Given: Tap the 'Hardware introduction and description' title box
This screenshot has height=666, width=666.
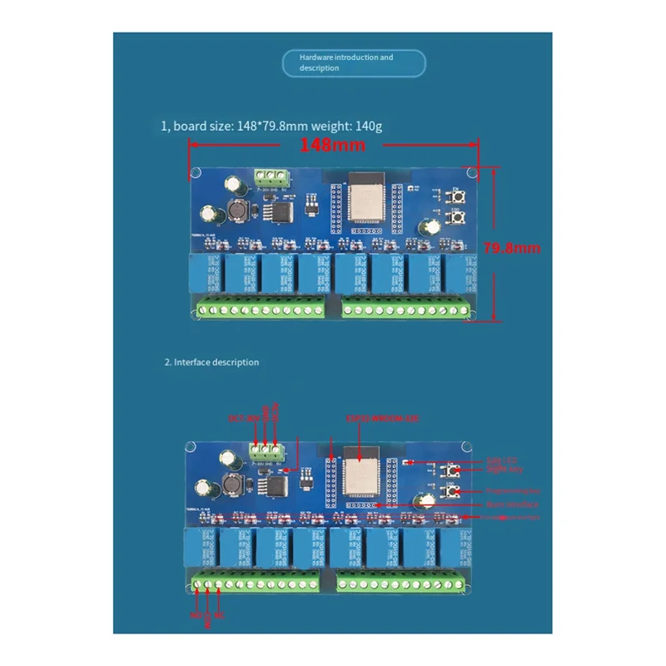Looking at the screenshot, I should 354,63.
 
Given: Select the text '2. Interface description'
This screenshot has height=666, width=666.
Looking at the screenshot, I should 211,362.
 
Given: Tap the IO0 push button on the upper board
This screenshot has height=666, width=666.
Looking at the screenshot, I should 457,218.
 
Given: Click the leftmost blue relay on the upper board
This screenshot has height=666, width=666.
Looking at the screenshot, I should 204,272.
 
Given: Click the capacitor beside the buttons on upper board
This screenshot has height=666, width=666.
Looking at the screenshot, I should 431,227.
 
